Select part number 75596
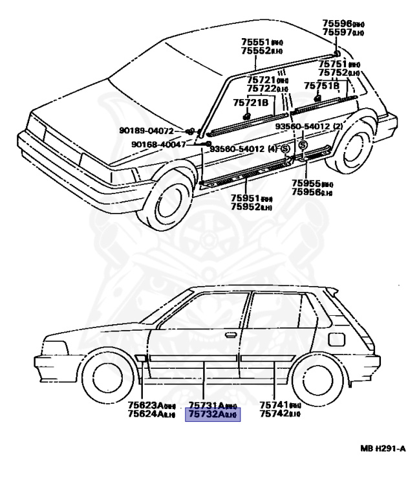pos(340,23)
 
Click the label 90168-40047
pos(158,144)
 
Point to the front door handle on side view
pos(230,335)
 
